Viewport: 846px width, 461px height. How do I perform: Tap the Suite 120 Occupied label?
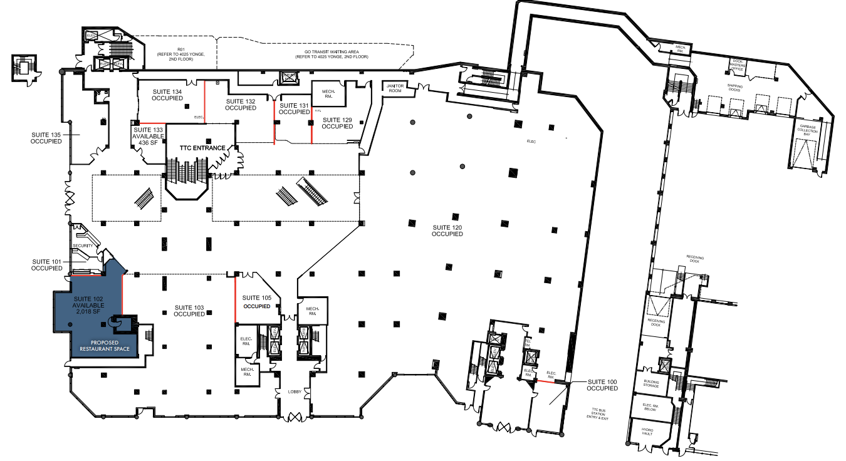pos(447,230)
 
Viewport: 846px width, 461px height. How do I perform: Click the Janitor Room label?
pos(394,88)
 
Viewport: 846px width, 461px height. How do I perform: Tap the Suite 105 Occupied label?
pos(257,302)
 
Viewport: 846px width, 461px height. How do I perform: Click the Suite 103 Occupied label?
pos(189,311)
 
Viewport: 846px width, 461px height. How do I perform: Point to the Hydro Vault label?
pos(647,433)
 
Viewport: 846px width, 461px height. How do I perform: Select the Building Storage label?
pos(651,384)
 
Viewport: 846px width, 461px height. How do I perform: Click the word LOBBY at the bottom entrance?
pos(295,392)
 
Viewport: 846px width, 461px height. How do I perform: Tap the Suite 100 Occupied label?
pos(602,385)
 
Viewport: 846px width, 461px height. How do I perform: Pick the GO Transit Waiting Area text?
pos(332,54)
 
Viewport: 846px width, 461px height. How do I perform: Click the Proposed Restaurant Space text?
pos(104,345)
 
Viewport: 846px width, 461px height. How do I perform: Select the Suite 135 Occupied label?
pos(46,137)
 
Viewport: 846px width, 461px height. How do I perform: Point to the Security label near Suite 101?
pos(83,246)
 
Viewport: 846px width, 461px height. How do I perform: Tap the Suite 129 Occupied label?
pos(337,123)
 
